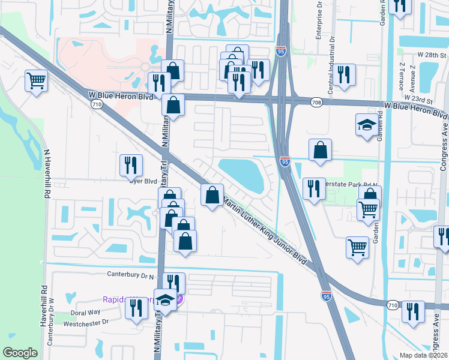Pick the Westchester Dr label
pos(87,322)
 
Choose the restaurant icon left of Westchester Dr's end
pos(136,308)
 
